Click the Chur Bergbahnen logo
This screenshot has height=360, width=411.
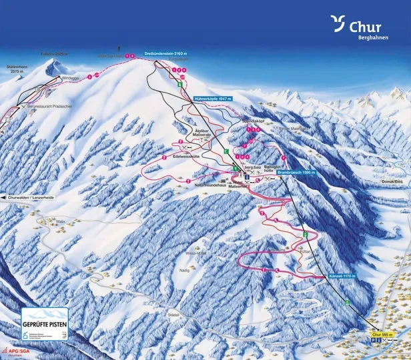[x=357, y=28]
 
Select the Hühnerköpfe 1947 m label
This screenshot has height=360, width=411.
[x=212, y=99]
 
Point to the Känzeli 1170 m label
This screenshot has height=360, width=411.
[x=344, y=276]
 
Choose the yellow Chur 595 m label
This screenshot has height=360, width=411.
[x=382, y=335]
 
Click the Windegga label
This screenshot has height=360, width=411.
[x=70, y=77]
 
